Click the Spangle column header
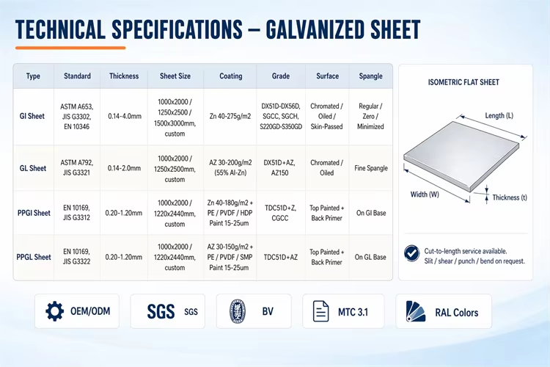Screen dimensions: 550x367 click(370, 76)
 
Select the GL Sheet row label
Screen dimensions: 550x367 click(32, 168)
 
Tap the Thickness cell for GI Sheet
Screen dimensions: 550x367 click(125, 116)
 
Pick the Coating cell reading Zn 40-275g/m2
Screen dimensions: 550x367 click(230, 116)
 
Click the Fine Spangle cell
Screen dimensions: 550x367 click(371, 168)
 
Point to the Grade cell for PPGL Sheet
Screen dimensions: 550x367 click(281, 257)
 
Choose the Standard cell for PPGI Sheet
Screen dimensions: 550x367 click(76, 212)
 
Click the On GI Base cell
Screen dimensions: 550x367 click(371, 213)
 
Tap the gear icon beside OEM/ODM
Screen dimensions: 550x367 click(55, 311)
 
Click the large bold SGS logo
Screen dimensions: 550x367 click(161, 311)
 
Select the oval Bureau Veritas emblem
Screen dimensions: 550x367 click(238, 311)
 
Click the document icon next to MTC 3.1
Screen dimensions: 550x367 click(320, 311)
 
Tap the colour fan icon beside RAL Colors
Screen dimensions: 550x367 click(416, 311)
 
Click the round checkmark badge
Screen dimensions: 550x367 click(411, 253)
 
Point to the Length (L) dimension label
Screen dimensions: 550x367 click(499, 115)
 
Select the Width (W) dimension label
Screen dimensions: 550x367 click(425, 195)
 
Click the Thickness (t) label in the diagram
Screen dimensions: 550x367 click(510, 197)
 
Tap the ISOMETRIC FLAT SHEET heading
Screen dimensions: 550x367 click(463, 82)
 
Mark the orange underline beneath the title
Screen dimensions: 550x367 click(70, 48)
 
